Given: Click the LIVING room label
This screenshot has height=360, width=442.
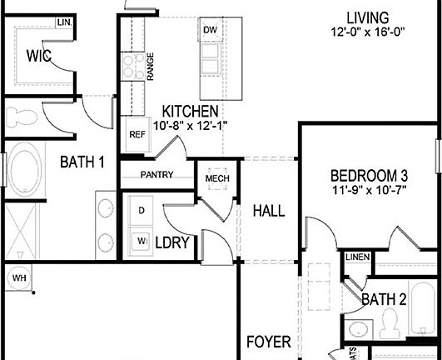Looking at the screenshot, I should [x=366, y=17].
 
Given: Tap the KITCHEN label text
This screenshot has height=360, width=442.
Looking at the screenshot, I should [x=191, y=112].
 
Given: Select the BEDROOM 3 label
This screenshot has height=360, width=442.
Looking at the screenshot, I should [x=370, y=176].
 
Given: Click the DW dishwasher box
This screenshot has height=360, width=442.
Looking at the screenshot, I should [x=209, y=31].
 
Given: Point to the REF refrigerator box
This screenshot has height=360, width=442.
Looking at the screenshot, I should [x=137, y=133].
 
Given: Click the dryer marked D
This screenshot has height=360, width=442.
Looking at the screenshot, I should [x=141, y=211].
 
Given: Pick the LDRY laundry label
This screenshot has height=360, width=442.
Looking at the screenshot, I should [x=173, y=242].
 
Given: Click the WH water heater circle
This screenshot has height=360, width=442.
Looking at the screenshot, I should [x=17, y=277].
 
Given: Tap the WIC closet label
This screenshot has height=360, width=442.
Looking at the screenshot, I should [x=38, y=57].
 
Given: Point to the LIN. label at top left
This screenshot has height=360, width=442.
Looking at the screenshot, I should [x=64, y=22].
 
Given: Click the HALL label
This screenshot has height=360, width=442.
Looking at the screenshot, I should [x=268, y=211].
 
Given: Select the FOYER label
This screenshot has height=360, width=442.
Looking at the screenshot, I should [x=268, y=342].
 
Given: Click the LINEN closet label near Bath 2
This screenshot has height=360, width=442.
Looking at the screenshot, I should [x=357, y=257].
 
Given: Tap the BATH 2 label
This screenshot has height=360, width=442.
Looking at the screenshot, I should [x=383, y=298].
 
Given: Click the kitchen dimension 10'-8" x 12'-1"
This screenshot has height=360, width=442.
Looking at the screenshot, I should [x=191, y=127].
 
